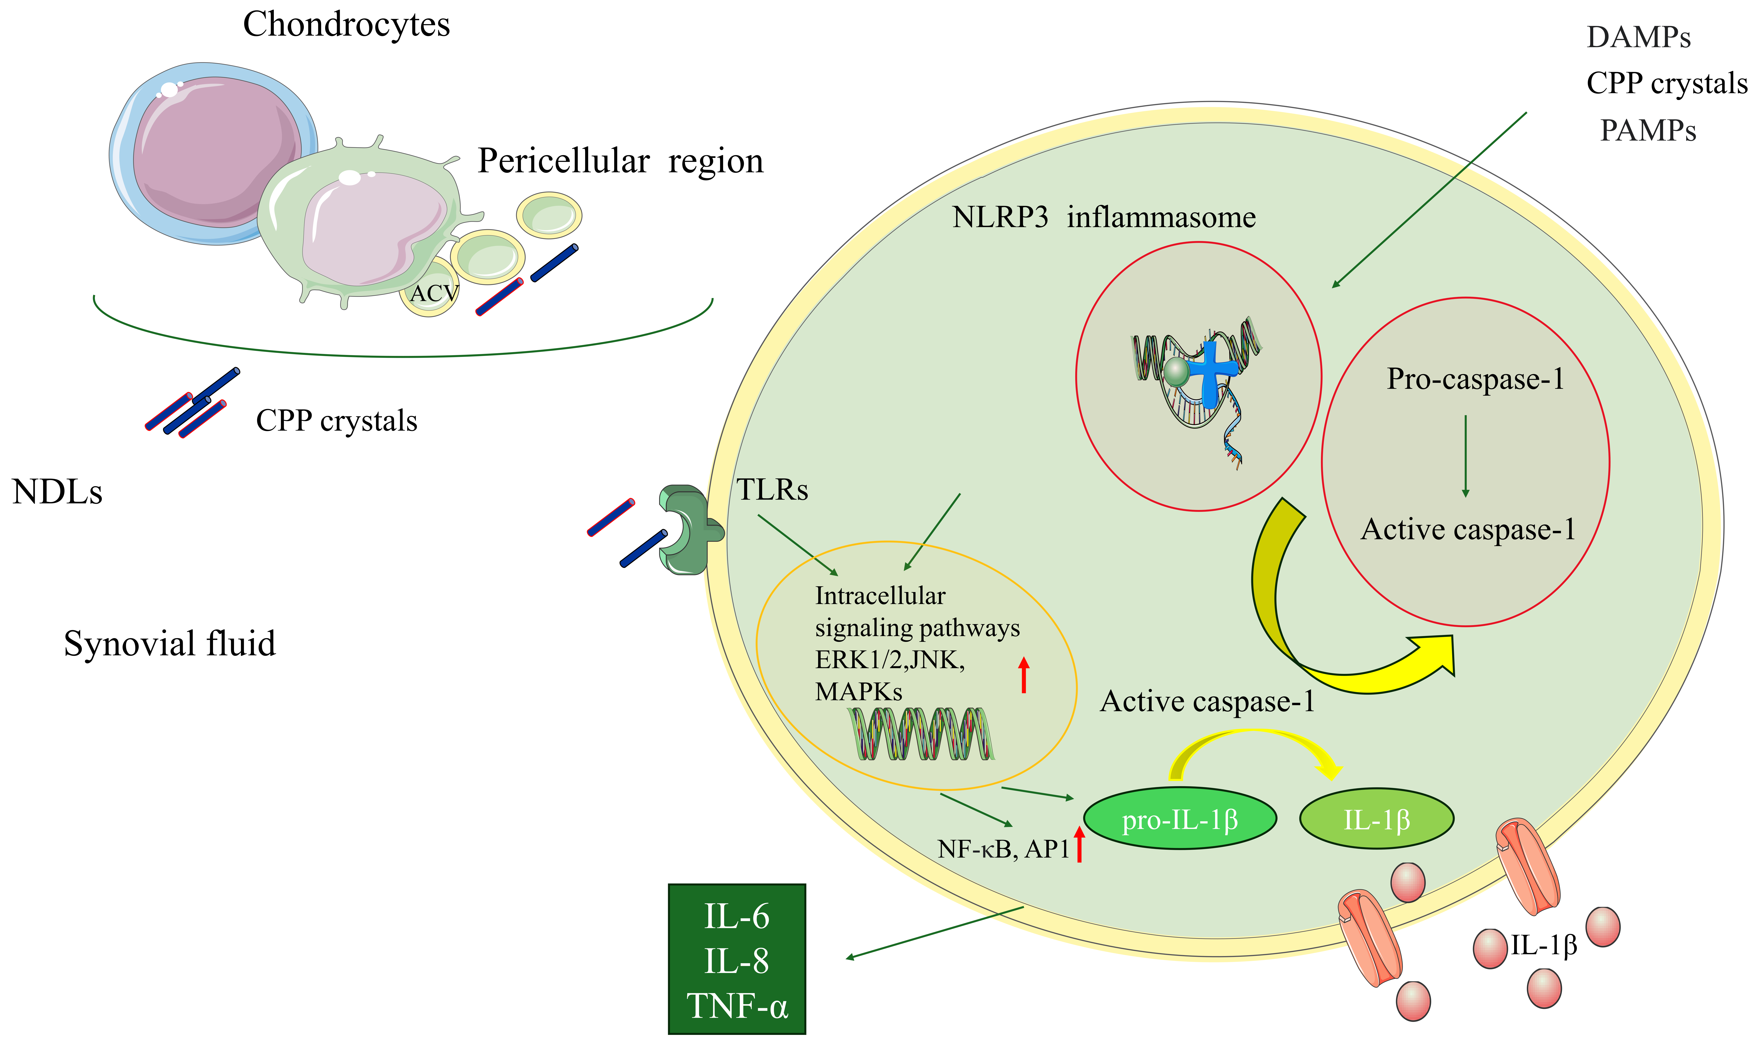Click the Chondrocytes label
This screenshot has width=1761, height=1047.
(x=346, y=25)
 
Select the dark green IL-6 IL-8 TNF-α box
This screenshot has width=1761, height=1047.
(x=737, y=960)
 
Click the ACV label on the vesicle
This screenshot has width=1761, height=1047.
(x=434, y=293)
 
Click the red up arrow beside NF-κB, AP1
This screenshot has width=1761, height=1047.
(x=1079, y=844)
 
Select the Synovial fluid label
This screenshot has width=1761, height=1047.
(x=169, y=643)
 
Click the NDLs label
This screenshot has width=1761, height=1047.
(x=57, y=492)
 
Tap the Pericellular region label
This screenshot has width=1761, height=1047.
(x=620, y=161)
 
